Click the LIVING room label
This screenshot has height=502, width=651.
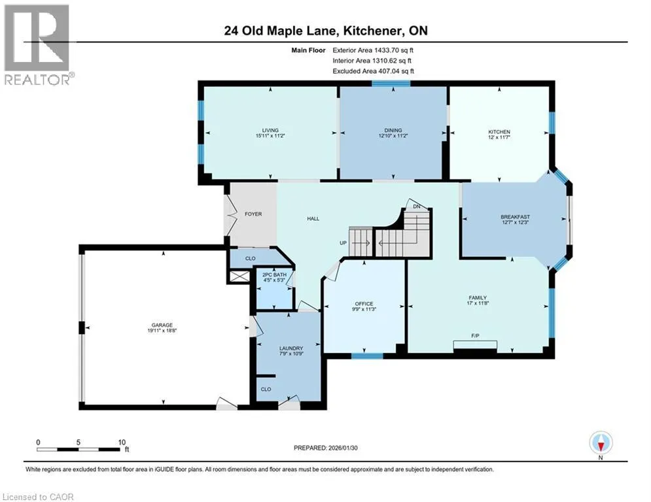point(270,130)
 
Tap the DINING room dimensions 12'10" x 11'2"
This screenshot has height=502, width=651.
point(393,136)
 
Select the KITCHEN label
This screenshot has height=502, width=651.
point(499,132)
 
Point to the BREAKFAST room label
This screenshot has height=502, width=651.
point(515,217)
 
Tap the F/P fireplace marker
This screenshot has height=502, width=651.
point(476,335)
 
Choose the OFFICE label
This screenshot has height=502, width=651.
point(364,304)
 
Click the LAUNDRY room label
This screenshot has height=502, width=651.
point(291,348)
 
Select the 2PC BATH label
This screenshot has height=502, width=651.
point(274,275)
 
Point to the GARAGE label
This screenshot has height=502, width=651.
point(162,326)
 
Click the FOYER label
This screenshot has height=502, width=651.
point(253,214)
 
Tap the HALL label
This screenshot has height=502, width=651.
point(313,218)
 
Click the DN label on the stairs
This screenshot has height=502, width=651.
point(417,207)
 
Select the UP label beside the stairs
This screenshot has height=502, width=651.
point(343,243)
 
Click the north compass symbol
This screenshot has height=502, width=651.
point(601,443)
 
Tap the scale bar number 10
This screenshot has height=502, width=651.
point(122,443)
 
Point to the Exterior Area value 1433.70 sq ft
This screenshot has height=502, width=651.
point(394,50)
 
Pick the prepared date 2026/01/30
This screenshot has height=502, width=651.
point(343,448)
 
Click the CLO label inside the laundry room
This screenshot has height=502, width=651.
point(266,389)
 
